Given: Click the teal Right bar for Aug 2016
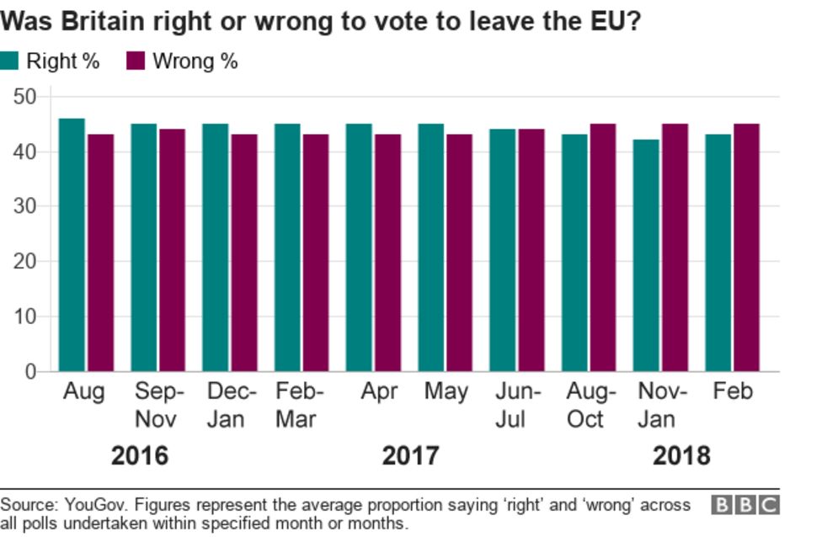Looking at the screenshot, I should click(72, 245).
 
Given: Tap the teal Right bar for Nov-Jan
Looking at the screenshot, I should click(646, 256).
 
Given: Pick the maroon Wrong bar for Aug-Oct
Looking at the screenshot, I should click(602, 247).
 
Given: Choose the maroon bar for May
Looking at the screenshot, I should click(459, 253).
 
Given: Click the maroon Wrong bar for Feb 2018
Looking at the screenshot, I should click(746, 247).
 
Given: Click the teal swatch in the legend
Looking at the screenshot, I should click(9, 61).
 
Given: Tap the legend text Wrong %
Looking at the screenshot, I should click(195, 61).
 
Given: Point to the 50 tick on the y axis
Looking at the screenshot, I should click(26, 97).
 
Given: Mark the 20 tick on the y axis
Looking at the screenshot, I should click(26, 262).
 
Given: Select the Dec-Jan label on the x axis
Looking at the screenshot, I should click(225, 405).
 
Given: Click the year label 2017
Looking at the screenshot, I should click(410, 455).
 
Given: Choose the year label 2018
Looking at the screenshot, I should click(681, 455).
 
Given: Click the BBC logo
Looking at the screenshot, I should click(745, 505).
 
